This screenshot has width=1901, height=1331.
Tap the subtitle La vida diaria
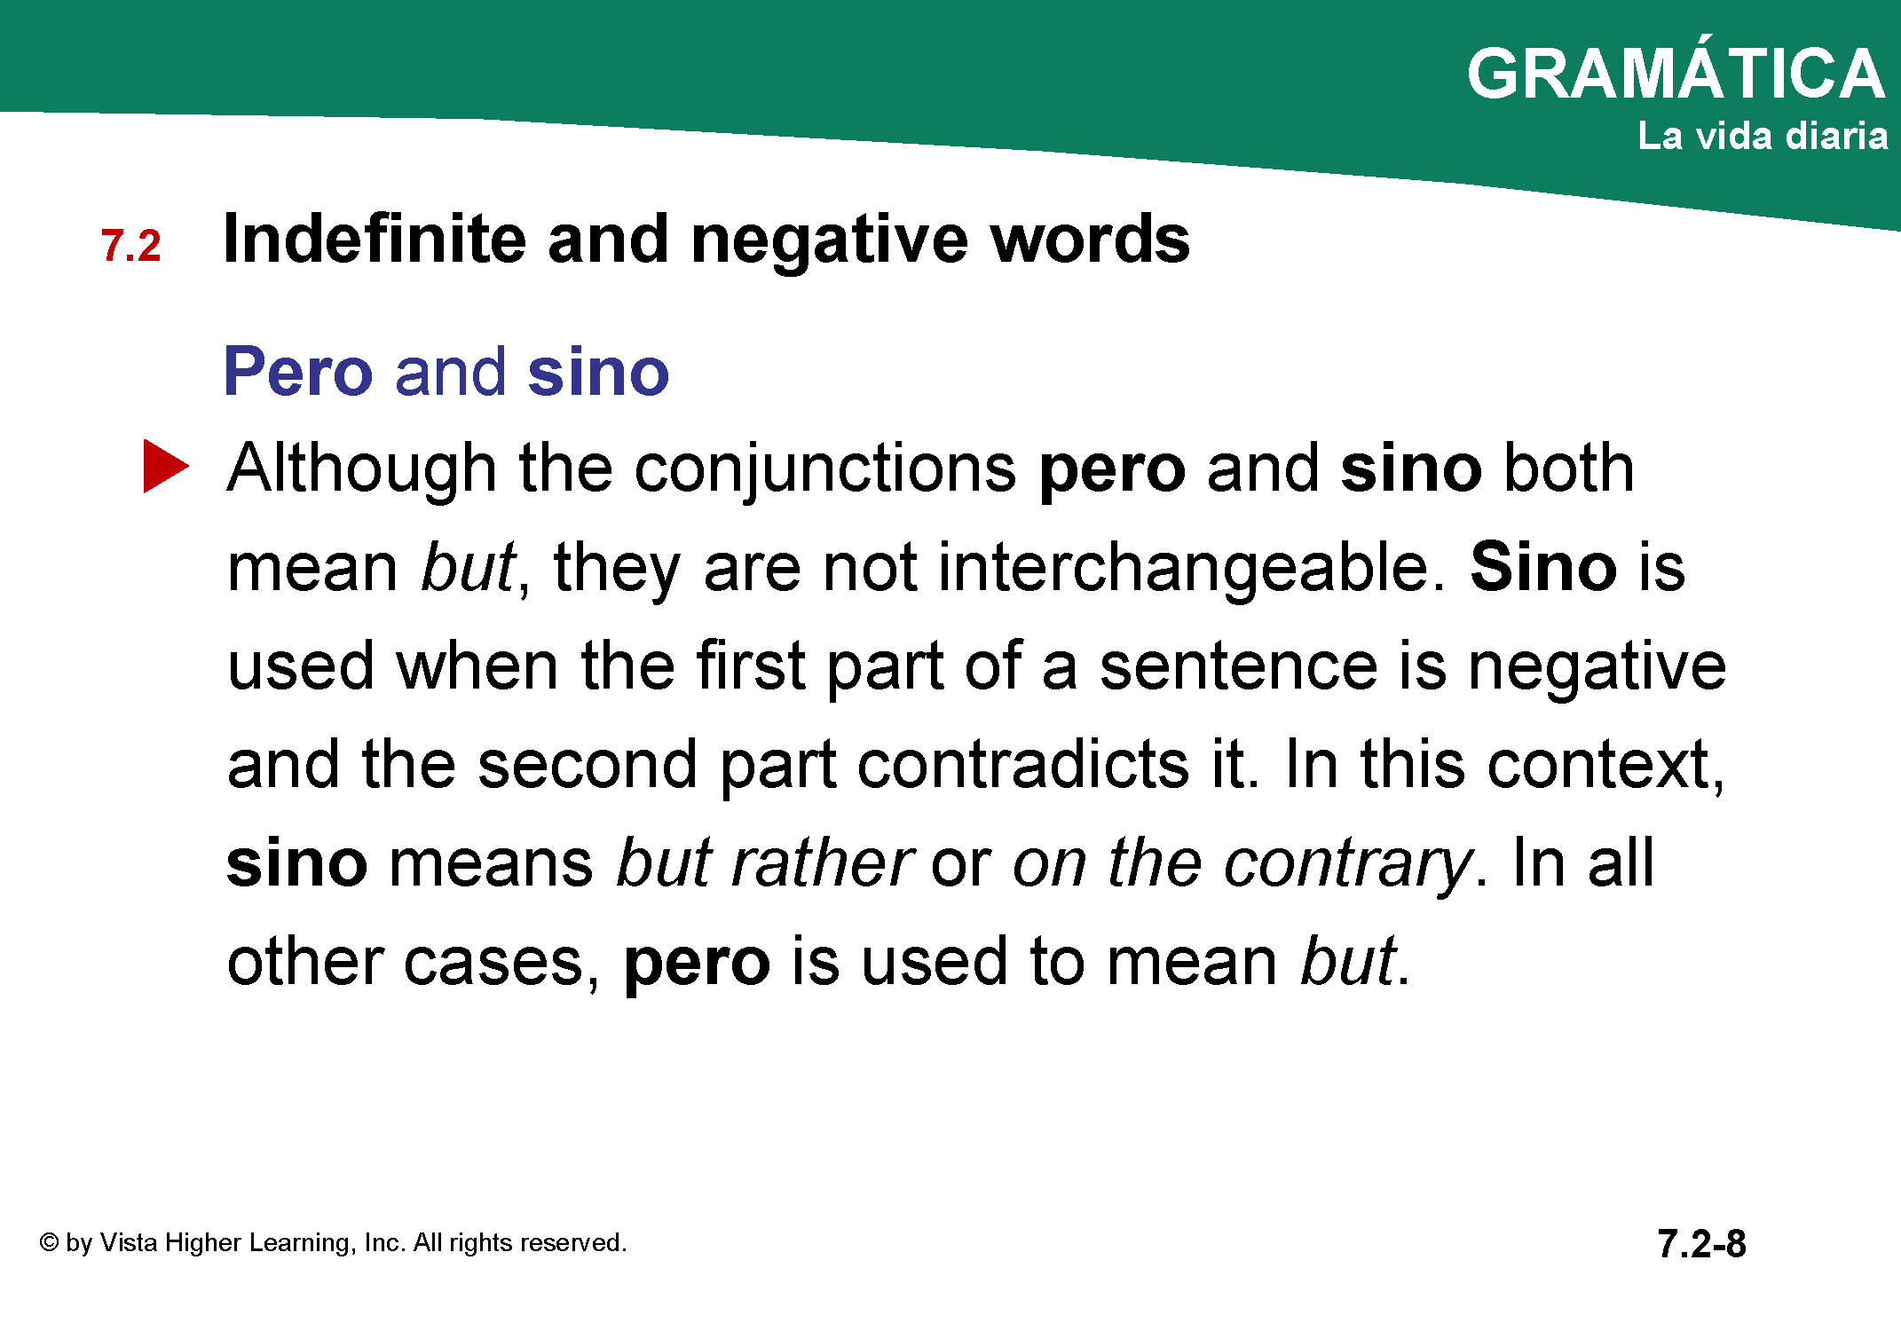click(1763, 136)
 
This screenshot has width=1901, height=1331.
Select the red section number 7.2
click(130, 246)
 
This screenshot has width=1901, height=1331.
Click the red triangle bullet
click(166, 467)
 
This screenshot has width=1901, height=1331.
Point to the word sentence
click(1239, 665)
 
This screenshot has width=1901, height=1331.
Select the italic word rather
click(822, 862)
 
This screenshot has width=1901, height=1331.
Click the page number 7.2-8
click(1701, 1244)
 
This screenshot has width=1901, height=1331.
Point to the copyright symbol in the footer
click(49, 1242)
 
